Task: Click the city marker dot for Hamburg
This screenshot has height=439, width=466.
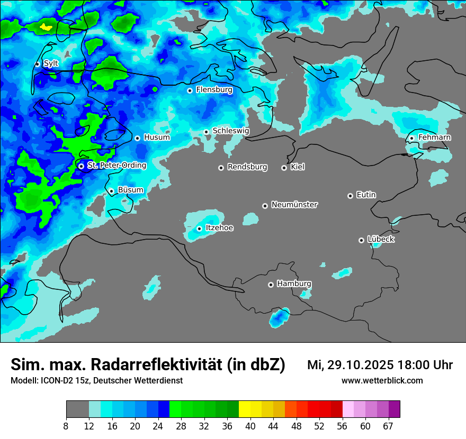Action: click(271, 285)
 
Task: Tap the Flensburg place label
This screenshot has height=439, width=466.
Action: click(214, 90)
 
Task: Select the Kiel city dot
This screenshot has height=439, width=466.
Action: click(284, 168)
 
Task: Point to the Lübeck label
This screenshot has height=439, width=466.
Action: click(381, 239)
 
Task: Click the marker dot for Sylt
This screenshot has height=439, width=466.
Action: click(37, 64)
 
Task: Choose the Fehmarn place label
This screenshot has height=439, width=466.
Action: click(434, 138)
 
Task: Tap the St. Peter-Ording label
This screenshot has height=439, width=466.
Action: click(116, 166)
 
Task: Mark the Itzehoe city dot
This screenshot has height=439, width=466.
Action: click(199, 228)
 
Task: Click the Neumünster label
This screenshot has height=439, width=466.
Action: click(294, 205)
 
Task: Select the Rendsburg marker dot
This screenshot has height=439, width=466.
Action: click(221, 168)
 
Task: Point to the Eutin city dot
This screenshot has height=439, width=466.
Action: click(350, 196)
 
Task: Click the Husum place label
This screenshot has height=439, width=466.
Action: click(157, 138)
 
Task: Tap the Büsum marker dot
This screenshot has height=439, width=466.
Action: click(111, 191)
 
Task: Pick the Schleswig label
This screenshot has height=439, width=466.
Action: click(230, 131)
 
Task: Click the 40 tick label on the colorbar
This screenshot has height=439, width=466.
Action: click(250, 426)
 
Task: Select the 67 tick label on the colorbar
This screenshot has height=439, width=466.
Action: click(388, 426)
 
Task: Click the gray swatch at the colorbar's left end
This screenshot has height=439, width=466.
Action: click(77, 409)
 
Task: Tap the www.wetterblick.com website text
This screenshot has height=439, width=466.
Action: click(382, 381)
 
